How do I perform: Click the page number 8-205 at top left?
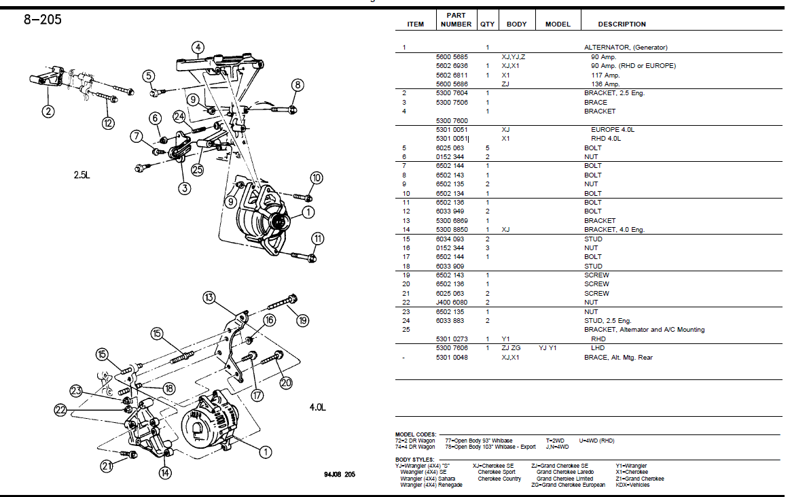[x=42, y=20]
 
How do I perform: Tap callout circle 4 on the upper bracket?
[x=197, y=48]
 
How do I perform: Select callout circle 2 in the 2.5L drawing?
[x=48, y=110]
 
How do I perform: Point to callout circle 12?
[x=109, y=123]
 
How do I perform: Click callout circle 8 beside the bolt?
[x=297, y=85]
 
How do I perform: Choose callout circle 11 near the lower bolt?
[x=317, y=238]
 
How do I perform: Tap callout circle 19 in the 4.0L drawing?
[x=302, y=320]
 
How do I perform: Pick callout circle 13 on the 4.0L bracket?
[x=209, y=297]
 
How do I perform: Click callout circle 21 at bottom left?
[x=106, y=466]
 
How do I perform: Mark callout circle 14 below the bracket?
[x=164, y=473]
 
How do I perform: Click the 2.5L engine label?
[x=82, y=175]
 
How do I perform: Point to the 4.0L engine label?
[x=318, y=408]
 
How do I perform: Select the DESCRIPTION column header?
[x=622, y=24]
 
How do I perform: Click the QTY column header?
[x=487, y=24]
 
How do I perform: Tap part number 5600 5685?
[x=452, y=57]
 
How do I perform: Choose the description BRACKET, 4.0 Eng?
[x=614, y=230]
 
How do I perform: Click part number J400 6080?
[x=452, y=303]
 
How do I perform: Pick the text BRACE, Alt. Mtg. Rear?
[x=618, y=358]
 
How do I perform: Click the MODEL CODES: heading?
[x=416, y=434]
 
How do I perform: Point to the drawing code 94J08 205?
[x=339, y=474]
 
